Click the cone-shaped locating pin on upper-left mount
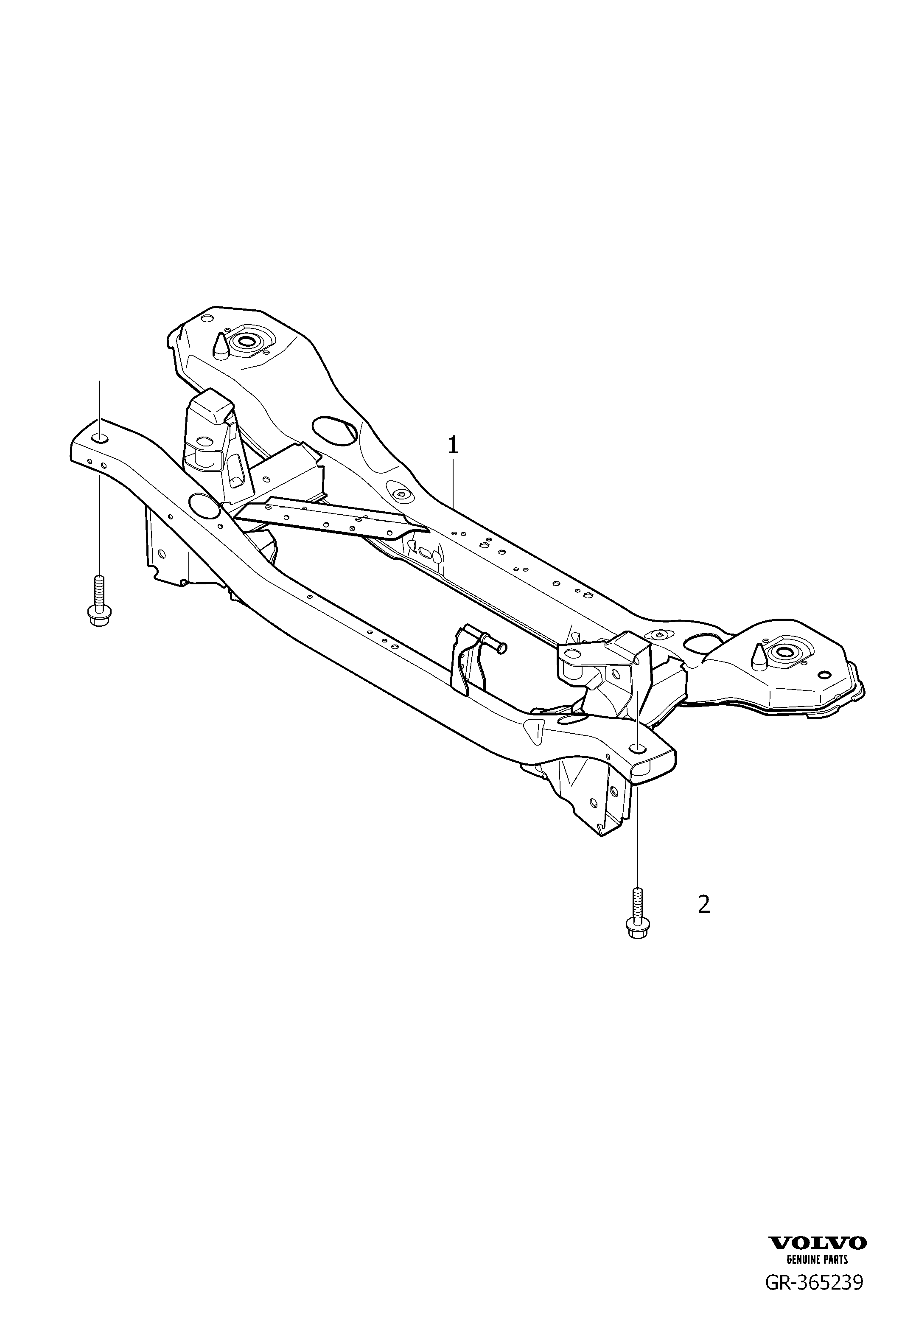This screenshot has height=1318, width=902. pyautogui.click(x=220, y=345)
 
